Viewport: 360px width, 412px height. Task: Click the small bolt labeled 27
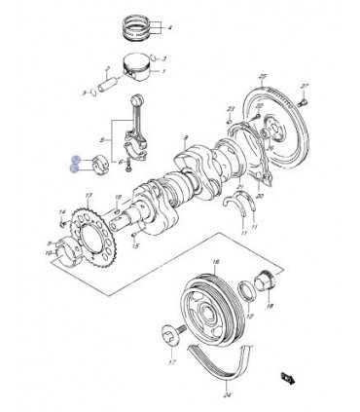tap(304, 99)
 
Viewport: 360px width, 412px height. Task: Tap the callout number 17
tap(171, 364)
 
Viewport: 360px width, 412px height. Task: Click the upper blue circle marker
tap(75, 159)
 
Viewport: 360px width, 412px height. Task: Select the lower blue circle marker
tap(75, 169)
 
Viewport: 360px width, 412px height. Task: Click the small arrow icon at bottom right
tap(288, 377)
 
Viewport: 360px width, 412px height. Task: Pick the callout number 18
tap(270, 306)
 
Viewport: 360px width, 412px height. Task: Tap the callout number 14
tap(60, 211)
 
